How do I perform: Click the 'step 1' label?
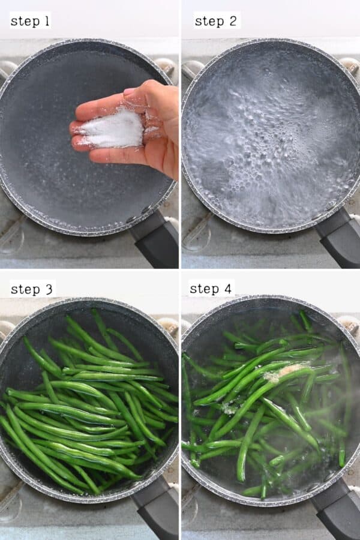click(30, 22)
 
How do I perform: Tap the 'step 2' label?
click(216, 22)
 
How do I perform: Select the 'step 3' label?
click(32, 289)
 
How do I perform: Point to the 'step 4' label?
click(211, 289)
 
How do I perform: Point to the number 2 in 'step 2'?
click(233, 22)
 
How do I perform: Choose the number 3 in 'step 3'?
click(49, 289)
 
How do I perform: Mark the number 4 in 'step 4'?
click(227, 289)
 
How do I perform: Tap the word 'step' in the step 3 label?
click(25, 290)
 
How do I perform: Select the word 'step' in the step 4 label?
click(203, 290)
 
